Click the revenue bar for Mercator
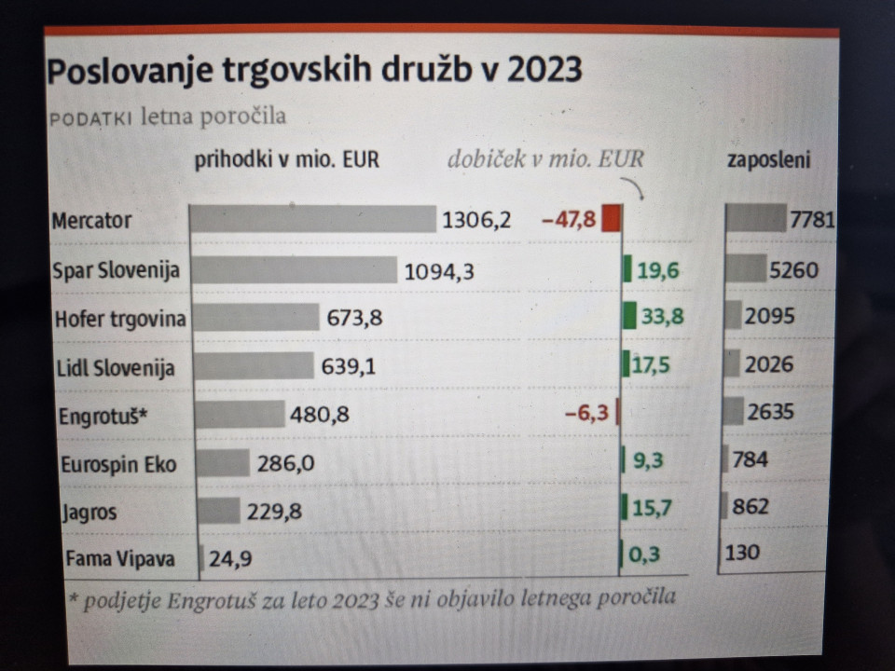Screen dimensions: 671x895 point(312,220)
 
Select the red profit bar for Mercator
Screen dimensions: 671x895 point(611,219)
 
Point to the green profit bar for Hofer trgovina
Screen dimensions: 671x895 point(630,317)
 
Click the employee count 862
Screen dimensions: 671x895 point(750,507)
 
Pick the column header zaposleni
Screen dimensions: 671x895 point(768,160)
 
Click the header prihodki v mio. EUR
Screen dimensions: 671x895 point(286,159)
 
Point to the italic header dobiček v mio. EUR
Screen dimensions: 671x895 point(545,158)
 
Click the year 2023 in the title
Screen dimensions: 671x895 point(544,72)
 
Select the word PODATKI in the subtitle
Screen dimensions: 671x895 point(89,118)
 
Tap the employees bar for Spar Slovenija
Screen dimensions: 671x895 point(745,269)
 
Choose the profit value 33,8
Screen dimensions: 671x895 point(662,317)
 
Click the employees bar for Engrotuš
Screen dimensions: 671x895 point(734,411)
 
